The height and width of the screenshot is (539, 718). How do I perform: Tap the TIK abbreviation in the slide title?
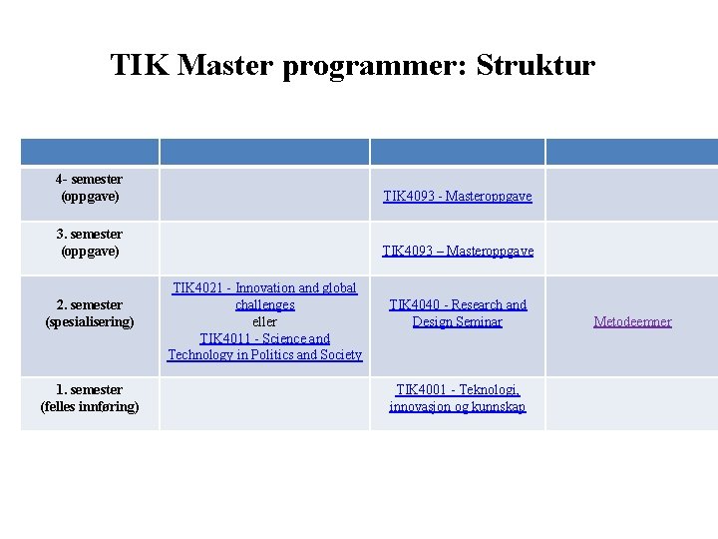click(x=141, y=66)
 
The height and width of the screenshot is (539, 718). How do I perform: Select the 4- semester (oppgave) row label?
click(x=90, y=188)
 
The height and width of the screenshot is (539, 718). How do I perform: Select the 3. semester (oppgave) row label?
click(x=90, y=242)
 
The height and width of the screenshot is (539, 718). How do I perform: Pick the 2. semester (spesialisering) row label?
click(x=90, y=313)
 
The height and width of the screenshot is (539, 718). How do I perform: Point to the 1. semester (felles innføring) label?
click(x=90, y=397)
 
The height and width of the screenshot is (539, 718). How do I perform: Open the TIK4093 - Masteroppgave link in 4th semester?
click(x=458, y=197)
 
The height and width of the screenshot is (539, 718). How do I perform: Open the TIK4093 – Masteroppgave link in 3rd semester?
click(x=458, y=251)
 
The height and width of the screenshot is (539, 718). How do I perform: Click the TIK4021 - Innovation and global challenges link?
click(x=264, y=295)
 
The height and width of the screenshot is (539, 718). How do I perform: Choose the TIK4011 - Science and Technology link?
click(x=264, y=346)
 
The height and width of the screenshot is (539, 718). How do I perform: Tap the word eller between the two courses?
click(x=264, y=321)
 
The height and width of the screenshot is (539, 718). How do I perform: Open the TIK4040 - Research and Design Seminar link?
click(x=458, y=312)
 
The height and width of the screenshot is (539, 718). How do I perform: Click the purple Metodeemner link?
click(x=632, y=321)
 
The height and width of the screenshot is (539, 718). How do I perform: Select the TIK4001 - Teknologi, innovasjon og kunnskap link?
click(x=458, y=397)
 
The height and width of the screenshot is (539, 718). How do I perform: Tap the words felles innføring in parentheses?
click(x=90, y=406)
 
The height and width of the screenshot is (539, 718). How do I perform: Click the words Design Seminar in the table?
click(x=458, y=321)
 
